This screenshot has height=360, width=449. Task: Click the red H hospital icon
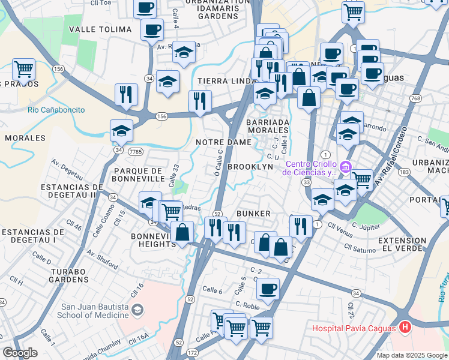(x=405, y=328)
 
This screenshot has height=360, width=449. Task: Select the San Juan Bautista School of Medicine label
(x=93, y=310)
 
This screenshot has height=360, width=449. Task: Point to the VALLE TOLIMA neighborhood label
(x=100, y=29)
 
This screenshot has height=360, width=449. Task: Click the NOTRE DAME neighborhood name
(x=223, y=142)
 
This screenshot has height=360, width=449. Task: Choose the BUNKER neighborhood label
(x=254, y=214)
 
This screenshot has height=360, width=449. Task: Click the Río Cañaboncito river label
(x=56, y=110)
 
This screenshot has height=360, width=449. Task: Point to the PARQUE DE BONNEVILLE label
(x=139, y=175)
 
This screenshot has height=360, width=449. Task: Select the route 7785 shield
(x=135, y=152)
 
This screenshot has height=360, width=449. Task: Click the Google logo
(x=20, y=353)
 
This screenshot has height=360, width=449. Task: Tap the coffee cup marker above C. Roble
(x=268, y=288)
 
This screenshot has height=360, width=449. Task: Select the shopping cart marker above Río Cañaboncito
(x=23, y=68)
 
